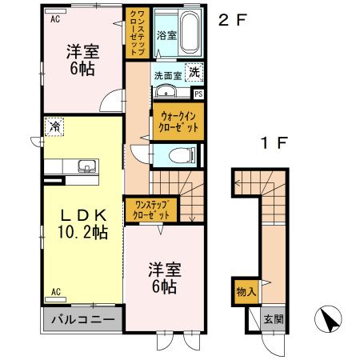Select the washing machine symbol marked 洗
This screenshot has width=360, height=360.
point(195,73)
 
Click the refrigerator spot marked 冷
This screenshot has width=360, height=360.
point(54,126)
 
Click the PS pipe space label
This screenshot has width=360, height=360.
point(198,94)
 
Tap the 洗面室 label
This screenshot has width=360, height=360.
point(169,76)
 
